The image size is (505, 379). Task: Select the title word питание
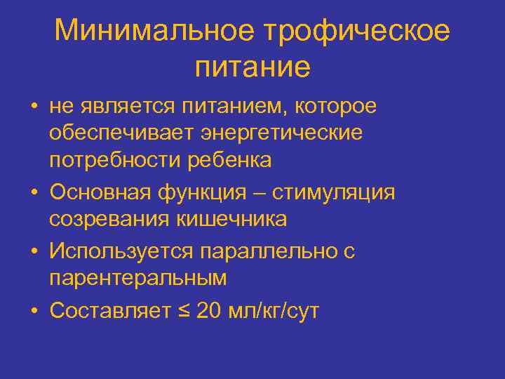[252, 67]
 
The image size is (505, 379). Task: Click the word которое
[337, 107]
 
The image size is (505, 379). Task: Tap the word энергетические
[282, 133]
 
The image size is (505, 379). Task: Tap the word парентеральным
[137, 278]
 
